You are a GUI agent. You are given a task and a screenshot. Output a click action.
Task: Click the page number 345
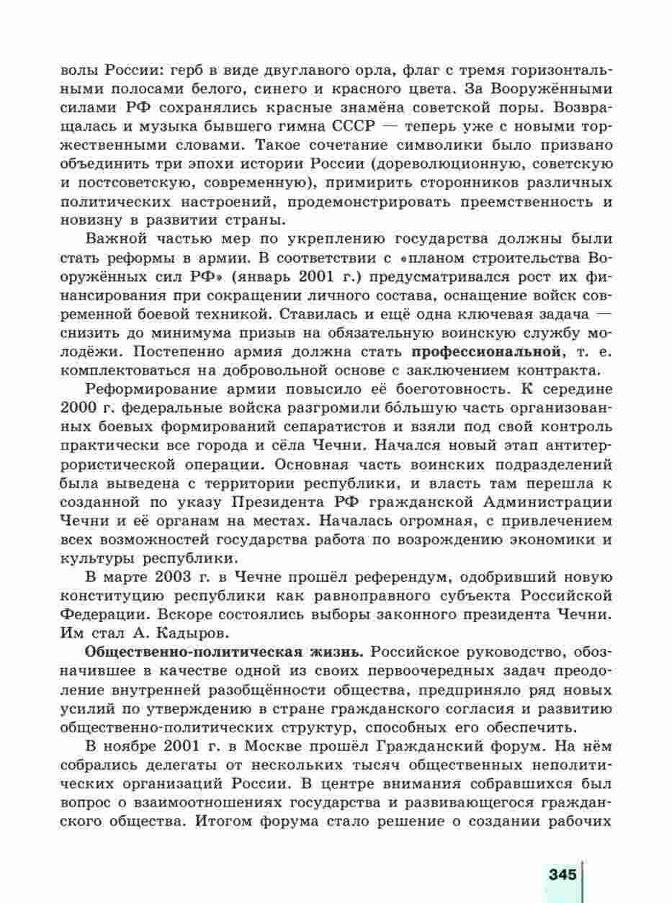pyautogui.click(x=563, y=874)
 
